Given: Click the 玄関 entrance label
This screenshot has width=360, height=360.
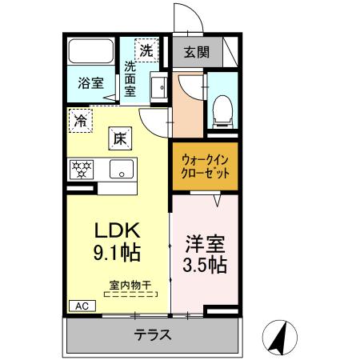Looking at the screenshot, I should pyautogui.click(x=197, y=53).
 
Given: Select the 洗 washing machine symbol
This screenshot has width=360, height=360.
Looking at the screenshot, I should pyautogui.click(x=146, y=50).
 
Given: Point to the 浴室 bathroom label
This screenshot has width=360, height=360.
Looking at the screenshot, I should pyautogui.click(x=90, y=82).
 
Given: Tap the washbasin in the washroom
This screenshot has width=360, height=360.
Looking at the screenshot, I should pyautogui.click(x=158, y=89).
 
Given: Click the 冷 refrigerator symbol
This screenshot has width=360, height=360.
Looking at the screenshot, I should pyautogui.click(x=81, y=121).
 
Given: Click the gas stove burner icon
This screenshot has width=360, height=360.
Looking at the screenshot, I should pyautogui.click(x=82, y=169).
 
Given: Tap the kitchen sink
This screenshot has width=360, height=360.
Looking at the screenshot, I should pyautogui.click(x=122, y=169).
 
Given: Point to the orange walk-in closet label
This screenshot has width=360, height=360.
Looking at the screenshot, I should pyautogui.click(x=205, y=166).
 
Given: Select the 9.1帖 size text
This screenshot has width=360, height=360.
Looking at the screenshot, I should pyautogui.click(x=118, y=254).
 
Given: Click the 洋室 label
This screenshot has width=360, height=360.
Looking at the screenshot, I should pyautogui.click(x=205, y=241).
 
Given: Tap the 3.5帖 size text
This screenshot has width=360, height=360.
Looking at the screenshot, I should pyautogui.click(x=205, y=264).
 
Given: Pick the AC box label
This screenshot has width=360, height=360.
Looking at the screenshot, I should pyautogui.click(x=81, y=306).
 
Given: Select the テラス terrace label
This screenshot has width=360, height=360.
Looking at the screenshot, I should pyautogui.click(x=152, y=335).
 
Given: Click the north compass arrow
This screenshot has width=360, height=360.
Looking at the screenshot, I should pyautogui.click(x=279, y=336).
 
